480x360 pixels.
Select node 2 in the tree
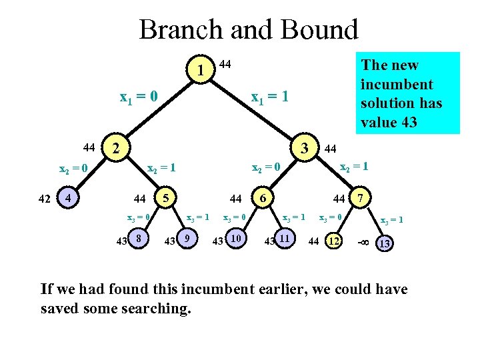[116, 147]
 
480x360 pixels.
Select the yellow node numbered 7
[360, 198]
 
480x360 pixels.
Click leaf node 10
[235, 239]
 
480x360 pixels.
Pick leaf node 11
[285, 239]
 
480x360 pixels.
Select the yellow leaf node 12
[333, 241]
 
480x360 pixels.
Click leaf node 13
[384, 244]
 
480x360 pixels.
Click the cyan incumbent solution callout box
[407, 93]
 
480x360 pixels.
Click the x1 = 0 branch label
[138, 98]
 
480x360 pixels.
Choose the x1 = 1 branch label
[269, 97]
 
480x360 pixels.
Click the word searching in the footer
[157, 309]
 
